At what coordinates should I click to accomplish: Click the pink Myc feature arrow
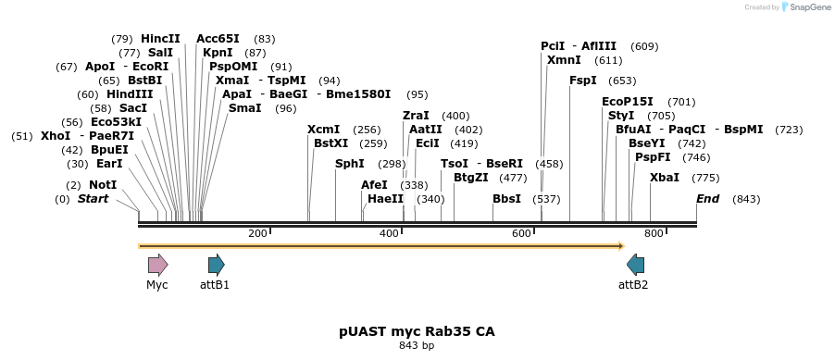point(157,265)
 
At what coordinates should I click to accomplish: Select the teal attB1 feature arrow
point(216,265)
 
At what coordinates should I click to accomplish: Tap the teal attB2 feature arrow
point(635,265)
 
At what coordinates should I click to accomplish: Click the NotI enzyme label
point(103,185)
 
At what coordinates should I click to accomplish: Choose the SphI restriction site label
point(350,164)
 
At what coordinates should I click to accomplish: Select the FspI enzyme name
point(583,81)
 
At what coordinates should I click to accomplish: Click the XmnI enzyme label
point(564,60)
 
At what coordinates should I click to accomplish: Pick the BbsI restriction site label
point(506,199)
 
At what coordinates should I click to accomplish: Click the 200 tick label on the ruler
point(257,233)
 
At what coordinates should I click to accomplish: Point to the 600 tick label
point(521,233)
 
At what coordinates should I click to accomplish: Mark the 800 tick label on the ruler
point(654,233)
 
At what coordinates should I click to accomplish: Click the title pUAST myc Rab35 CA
point(417,330)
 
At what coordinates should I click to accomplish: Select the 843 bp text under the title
point(417,346)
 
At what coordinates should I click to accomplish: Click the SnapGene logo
point(803,7)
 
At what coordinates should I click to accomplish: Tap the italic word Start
point(93,199)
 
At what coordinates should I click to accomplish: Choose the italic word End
point(707,199)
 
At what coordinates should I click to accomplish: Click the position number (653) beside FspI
point(622,81)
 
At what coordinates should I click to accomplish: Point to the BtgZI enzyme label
point(470,178)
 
